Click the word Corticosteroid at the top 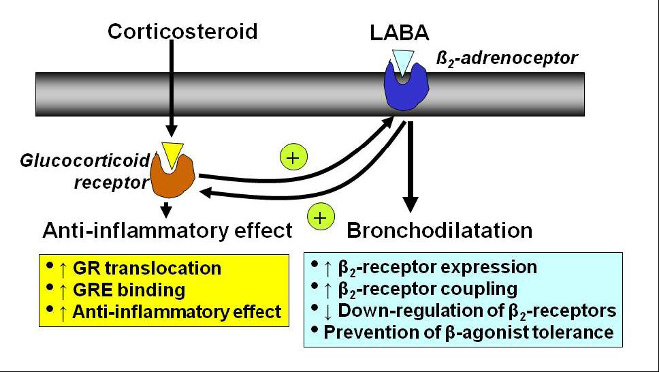click(x=182, y=31)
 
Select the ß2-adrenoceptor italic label click(x=507, y=58)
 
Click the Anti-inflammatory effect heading click(x=167, y=231)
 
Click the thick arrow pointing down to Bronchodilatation click(x=411, y=170)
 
